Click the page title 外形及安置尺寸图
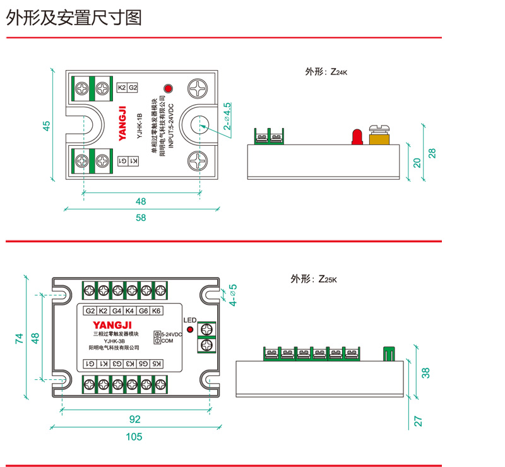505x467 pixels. click(x=74, y=18)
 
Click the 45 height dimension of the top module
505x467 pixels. click(x=46, y=126)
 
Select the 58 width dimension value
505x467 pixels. click(x=140, y=218)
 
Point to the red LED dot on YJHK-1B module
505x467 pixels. click(x=168, y=88)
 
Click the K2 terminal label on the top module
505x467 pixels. click(x=122, y=88)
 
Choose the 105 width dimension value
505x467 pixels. click(x=134, y=437)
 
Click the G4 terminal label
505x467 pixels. click(x=117, y=310)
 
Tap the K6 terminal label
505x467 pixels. click(x=157, y=310)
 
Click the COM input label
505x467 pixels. click(x=167, y=341)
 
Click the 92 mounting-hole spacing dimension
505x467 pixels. click(x=134, y=418)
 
